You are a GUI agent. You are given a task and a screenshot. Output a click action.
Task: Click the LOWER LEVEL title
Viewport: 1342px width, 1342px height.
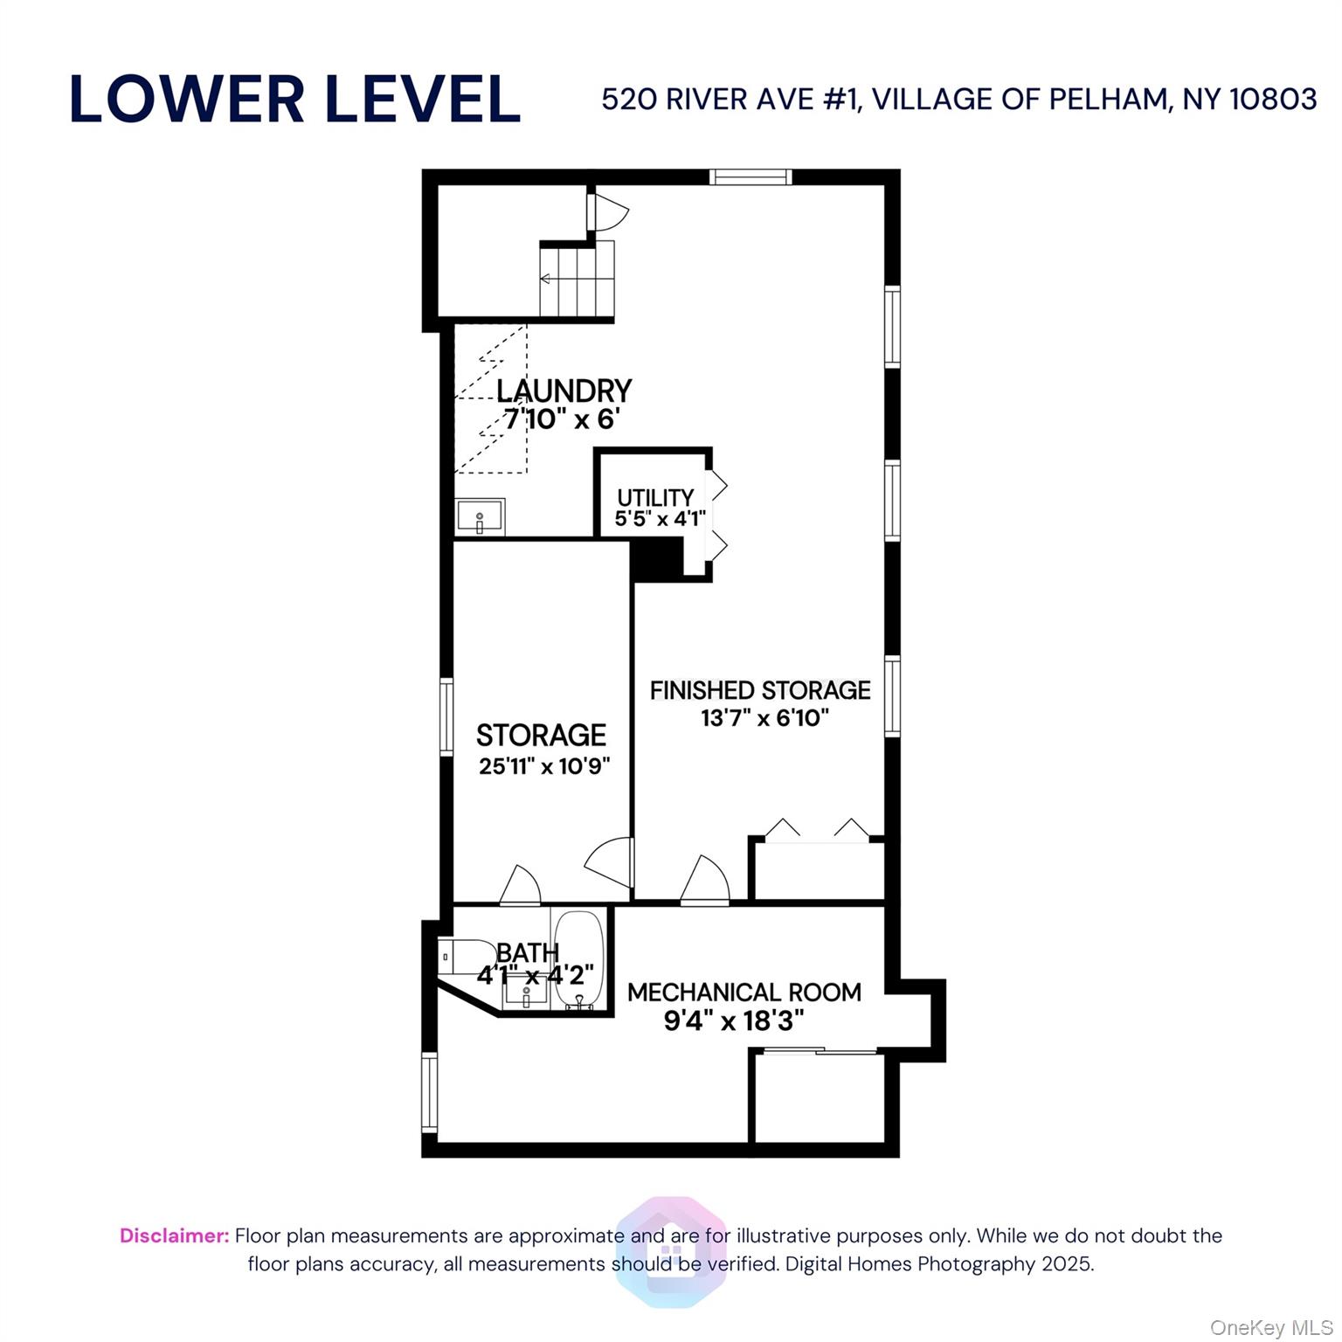(294, 99)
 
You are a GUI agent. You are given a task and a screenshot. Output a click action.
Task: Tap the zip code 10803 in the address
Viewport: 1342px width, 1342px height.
(1273, 100)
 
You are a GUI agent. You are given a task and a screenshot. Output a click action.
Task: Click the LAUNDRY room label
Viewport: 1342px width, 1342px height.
(564, 391)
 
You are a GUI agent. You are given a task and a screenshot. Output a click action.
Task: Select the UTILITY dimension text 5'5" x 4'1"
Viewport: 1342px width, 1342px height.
(660, 519)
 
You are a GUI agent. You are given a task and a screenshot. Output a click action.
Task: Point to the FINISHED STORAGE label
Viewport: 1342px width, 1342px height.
(760, 690)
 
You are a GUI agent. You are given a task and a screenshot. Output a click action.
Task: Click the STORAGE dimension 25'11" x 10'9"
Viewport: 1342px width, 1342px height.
(543, 766)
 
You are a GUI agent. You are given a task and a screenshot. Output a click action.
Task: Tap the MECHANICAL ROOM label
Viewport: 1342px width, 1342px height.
(744, 993)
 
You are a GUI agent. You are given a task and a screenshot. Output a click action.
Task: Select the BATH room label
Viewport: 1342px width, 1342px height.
(527, 952)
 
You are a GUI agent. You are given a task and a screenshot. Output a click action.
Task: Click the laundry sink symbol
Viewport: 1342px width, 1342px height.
(480, 516)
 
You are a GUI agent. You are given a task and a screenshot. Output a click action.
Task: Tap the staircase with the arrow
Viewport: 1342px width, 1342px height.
(577, 279)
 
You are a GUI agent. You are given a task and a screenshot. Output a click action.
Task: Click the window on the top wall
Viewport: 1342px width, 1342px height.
(751, 177)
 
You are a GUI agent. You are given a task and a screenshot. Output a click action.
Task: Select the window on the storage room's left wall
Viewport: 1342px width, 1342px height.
(446, 716)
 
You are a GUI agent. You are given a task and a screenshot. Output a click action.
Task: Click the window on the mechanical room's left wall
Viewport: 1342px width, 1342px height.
(429, 1092)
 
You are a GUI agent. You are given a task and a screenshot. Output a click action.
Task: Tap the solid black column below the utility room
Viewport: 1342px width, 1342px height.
(655, 559)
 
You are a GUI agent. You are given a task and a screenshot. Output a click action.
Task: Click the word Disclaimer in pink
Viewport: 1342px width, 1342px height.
(174, 1235)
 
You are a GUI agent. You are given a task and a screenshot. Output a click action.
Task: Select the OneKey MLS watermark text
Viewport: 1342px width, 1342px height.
(1270, 1328)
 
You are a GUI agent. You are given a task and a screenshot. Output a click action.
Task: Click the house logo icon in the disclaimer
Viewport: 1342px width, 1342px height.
(670, 1251)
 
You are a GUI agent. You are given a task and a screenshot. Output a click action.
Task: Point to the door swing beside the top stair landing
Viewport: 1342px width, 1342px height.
(608, 211)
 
